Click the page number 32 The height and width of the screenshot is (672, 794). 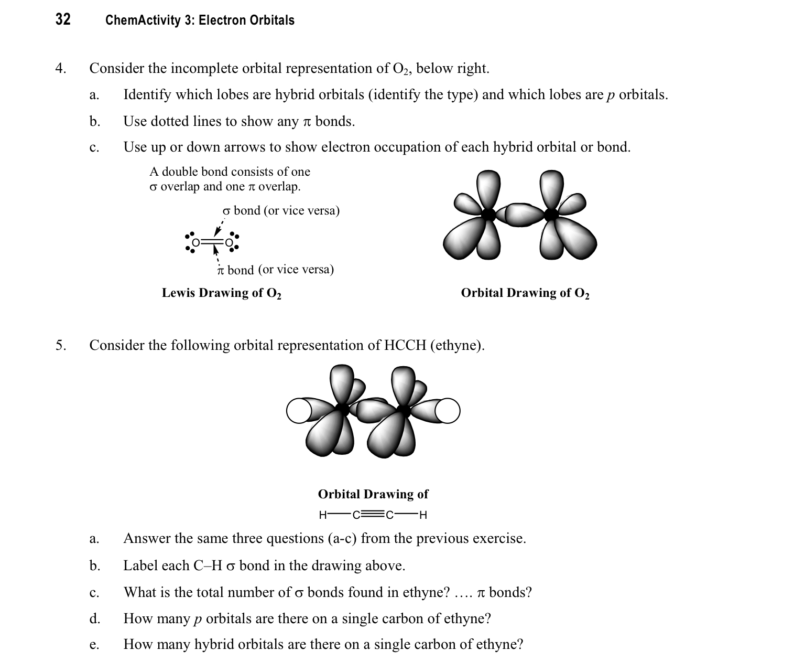[63, 20]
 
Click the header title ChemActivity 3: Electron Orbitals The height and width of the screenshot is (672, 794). [200, 20]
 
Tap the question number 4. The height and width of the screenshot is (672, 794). [61, 69]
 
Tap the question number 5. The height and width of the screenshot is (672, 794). [61, 346]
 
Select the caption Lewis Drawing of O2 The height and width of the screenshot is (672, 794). [221, 293]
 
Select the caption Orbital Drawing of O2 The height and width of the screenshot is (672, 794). [525, 293]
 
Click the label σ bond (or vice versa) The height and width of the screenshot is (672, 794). [281, 211]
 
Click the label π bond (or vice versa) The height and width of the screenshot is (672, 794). [275, 270]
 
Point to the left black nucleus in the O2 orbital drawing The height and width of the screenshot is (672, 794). [488, 214]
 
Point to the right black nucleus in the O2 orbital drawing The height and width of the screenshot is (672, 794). [551, 214]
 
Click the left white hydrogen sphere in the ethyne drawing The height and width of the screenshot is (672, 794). [298, 411]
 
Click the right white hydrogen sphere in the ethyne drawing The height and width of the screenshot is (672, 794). [448, 411]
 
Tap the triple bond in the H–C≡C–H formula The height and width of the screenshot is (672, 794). [373, 515]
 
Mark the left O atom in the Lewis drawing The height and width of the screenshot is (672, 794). [196, 243]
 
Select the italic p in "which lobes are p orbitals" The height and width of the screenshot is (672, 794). [611, 95]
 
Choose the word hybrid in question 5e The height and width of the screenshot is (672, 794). [213, 645]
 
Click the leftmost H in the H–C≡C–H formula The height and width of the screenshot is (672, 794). [323, 515]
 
